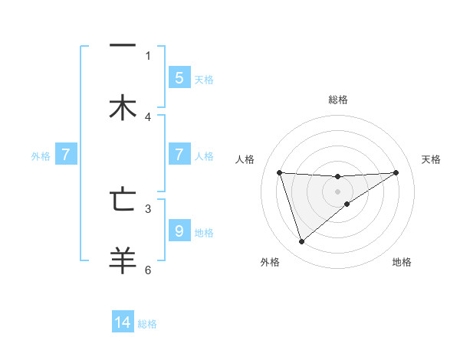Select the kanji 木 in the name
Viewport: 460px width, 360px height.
[123, 107]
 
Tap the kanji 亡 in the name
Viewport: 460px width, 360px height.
[123, 199]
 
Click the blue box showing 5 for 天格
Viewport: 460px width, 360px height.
[179, 77]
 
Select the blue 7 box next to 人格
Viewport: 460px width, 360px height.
[179, 155]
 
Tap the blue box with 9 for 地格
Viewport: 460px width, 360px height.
[179, 231]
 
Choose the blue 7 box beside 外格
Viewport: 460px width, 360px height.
[66, 155]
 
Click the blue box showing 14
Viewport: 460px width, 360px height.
[123, 322]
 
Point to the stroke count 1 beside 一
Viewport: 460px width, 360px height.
[148, 55]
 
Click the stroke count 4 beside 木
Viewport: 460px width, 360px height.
[148, 117]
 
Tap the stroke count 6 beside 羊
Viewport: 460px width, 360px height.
[148, 270]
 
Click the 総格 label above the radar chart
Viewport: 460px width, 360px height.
[338, 100]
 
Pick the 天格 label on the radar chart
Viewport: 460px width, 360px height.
[432, 159]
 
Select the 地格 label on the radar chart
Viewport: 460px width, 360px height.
[402, 262]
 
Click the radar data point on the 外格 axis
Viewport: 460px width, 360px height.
[301, 242]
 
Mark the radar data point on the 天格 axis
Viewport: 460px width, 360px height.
[396, 172]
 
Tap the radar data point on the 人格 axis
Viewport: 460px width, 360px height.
[279, 172]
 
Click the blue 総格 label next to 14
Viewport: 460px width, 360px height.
[147, 324]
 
